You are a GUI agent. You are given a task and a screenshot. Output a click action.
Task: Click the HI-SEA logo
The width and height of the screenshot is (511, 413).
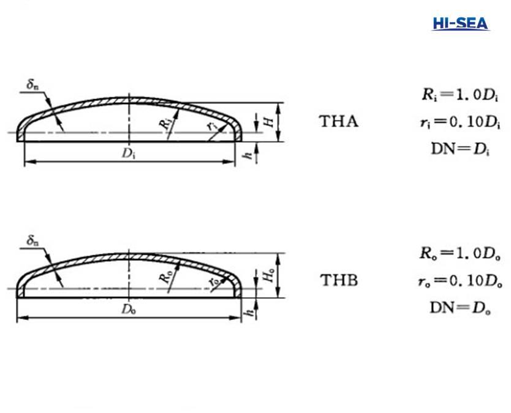tap(460, 24)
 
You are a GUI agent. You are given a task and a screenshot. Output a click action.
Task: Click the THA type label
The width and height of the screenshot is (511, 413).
tap(339, 121)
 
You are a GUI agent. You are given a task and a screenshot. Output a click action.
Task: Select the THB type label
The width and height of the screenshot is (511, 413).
tap(339, 281)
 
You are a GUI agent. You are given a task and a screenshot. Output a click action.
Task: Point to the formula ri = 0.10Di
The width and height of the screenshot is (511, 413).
tap(456, 122)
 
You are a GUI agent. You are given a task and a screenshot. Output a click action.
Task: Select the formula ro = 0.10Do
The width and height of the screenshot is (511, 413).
tap(457, 280)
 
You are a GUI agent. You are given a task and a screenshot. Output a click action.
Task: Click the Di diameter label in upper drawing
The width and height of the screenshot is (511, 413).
tap(128, 154)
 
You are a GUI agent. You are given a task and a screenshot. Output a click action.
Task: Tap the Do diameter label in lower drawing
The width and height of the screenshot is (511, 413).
tap(128, 309)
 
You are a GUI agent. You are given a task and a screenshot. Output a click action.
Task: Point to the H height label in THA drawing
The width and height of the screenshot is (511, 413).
tap(268, 121)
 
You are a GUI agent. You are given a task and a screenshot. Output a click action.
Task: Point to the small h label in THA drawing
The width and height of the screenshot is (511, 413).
tap(248, 155)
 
